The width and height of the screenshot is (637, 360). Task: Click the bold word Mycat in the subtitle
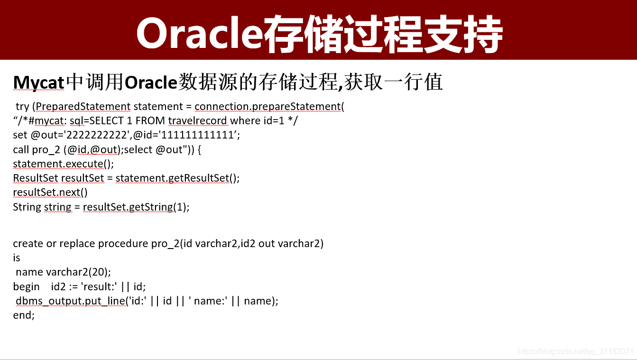[38, 83]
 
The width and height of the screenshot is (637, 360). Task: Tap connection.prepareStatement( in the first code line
[269, 106]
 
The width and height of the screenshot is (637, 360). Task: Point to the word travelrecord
[204, 120]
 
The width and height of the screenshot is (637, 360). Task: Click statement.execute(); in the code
[64, 164]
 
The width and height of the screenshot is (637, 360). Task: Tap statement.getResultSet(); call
[177, 178]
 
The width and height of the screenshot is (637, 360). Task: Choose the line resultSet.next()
[50, 192]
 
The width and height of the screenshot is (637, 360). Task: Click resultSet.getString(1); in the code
[136, 207]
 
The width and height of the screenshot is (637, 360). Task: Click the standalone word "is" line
[17, 258]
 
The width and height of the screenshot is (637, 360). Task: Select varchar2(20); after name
[78, 272]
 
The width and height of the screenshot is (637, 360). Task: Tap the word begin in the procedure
[27, 286]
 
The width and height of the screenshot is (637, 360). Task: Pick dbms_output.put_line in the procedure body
[70, 301]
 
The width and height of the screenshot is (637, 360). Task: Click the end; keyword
[24, 315]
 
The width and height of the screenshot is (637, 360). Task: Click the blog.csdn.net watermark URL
[575, 351]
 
